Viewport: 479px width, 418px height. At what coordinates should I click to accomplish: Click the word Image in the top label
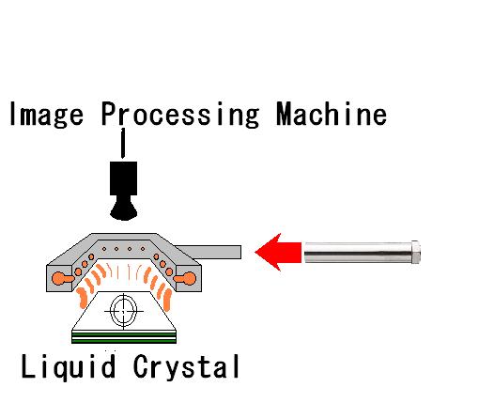tap(47, 115)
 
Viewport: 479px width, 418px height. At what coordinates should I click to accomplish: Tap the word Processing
tap(180, 115)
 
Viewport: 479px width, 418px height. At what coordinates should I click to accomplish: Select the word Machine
tap(332, 114)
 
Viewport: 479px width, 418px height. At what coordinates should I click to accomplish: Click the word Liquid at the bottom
tap(68, 366)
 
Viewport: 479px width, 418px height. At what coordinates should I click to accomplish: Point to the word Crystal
tap(187, 366)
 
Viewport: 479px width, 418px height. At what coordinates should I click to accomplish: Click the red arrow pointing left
tap(278, 252)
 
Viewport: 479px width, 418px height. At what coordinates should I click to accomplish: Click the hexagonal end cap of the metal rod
tap(416, 253)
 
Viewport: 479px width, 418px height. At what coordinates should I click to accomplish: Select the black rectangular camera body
tap(123, 178)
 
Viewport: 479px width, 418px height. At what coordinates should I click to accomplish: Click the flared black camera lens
tap(123, 209)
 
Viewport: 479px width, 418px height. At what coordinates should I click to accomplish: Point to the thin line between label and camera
tap(123, 144)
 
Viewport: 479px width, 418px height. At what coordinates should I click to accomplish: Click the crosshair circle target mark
tap(124, 311)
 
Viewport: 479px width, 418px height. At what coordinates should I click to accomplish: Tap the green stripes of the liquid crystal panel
tap(124, 337)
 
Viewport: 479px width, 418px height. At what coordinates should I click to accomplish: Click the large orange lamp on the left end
tap(60, 279)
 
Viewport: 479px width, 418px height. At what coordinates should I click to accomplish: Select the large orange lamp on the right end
tap(187, 279)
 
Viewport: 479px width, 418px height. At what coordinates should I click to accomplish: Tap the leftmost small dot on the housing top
tap(104, 249)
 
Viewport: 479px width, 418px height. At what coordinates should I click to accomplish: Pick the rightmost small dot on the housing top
tap(143, 249)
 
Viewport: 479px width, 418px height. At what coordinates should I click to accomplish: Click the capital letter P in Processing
tap(110, 114)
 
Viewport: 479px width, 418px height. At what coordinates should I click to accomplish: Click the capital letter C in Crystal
tap(141, 365)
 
